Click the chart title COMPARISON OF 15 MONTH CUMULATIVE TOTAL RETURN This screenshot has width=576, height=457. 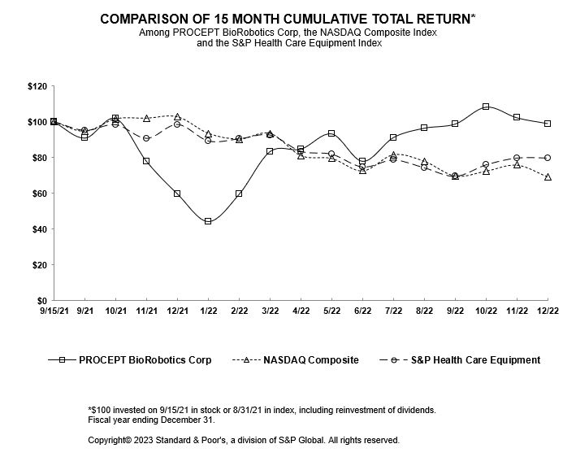[x=288, y=17]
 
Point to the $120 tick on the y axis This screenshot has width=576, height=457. [x=37, y=86]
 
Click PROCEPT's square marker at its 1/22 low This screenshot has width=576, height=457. [x=208, y=221]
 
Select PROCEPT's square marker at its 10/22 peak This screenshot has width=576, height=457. [x=486, y=107]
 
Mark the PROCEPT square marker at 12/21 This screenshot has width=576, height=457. [x=177, y=194]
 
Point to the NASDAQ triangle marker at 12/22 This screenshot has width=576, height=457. [x=548, y=177]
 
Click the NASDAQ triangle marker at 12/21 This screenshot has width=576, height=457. [x=177, y=117]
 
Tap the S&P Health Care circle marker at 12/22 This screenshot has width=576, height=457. [x=548, y=158]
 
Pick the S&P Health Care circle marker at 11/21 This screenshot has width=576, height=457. [x=146, y=138]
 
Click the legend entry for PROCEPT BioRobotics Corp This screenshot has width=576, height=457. [x=132, y=359]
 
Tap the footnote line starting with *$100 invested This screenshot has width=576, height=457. [x=244, y=410]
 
